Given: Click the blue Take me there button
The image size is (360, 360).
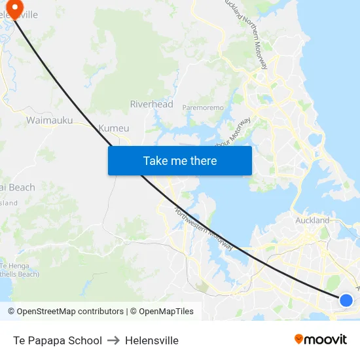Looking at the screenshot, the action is [x=179, y=160].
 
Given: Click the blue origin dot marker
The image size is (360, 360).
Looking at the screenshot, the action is [x=346, y=300].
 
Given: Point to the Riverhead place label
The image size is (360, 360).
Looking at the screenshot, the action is [x=151, y=104].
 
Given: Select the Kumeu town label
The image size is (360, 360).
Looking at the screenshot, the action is [x=113, y=128].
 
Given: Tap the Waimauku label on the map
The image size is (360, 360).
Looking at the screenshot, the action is [x=49, y=120].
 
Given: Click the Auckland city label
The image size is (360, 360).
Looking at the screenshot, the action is [x=312, y=221].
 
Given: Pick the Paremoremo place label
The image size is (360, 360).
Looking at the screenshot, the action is [x=203, y=107].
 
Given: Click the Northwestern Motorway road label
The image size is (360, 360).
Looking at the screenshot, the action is [x=204, y=229].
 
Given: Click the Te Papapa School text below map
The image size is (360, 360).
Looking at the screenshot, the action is [x=58, y=340].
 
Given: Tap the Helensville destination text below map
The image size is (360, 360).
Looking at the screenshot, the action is [x=152, y=340].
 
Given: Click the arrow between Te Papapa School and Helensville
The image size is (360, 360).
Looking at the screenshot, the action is [x=113, y=340].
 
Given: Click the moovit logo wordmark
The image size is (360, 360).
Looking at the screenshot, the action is [x=326, y=339].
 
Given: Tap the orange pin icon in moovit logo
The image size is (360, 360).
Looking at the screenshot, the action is [x=299, y=339].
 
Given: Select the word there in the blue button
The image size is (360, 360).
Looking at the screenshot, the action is [x=202, y=160].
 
